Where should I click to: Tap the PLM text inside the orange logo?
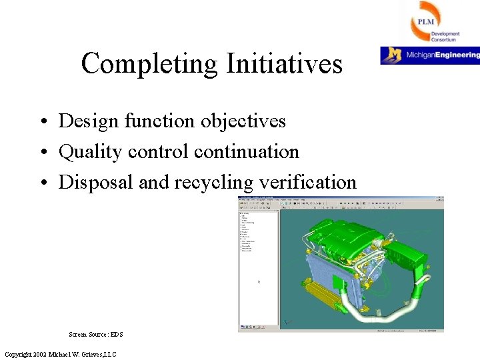(425, 22)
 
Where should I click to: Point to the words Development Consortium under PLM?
(444, 37)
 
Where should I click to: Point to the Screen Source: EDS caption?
(96, 334)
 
